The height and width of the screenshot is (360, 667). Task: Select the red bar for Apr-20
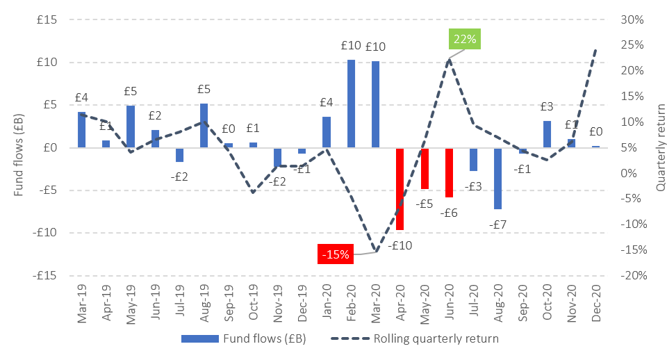tap(400, 188)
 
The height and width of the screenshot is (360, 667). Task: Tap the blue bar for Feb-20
tap(351, 104)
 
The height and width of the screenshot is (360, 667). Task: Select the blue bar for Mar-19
tap(81, 130)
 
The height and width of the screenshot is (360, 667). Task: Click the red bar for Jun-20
tap(449, 172)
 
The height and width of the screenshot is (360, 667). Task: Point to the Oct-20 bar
tap(547, 134)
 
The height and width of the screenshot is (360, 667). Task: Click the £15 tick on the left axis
tap(47, 19)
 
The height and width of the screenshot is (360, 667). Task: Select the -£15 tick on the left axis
tap(44, 275)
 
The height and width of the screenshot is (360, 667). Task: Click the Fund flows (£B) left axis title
tap(18, 147)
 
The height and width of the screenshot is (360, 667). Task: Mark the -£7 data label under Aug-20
tap(498, 224)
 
